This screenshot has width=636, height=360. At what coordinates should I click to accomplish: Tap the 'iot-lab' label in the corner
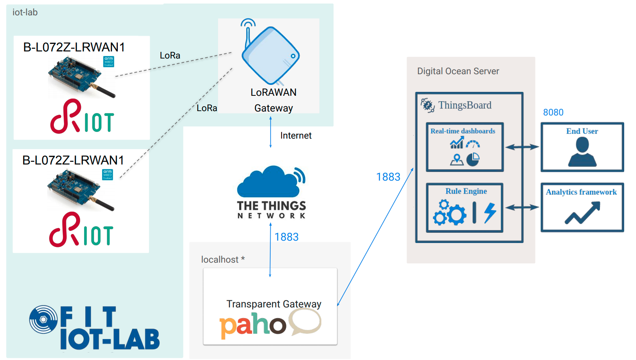coord(25,12)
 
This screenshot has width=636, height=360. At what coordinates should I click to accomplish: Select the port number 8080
coord(553,112)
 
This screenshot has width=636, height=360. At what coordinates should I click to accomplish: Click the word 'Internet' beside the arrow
coord(296,135)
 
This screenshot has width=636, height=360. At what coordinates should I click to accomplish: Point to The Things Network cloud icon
coord(271,181)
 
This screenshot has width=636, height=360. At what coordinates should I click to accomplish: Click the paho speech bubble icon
coord(305,322)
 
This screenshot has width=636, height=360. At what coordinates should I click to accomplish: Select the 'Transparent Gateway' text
coord(274,304)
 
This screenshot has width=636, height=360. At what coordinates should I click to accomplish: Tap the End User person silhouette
coord(582,152)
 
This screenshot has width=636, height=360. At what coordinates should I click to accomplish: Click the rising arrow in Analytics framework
coord(583,213)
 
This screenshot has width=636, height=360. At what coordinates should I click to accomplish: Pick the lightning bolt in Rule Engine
coord(490,212)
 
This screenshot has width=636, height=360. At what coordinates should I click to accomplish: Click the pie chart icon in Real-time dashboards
coord(473,159)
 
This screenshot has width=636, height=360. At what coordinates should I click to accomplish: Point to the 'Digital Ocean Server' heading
coord(458,71)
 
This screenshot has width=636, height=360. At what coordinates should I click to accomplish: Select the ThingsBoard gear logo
coord(427,106)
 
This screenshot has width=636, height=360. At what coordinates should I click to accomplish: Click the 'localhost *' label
coord(223,259)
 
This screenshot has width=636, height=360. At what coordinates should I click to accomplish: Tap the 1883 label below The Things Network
coord(286,237)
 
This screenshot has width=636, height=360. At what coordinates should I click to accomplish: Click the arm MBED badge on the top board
coord(109,62)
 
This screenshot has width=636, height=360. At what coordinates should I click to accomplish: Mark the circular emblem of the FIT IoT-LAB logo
coord(44,320)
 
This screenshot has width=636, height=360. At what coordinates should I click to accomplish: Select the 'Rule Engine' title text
coord(466,191)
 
